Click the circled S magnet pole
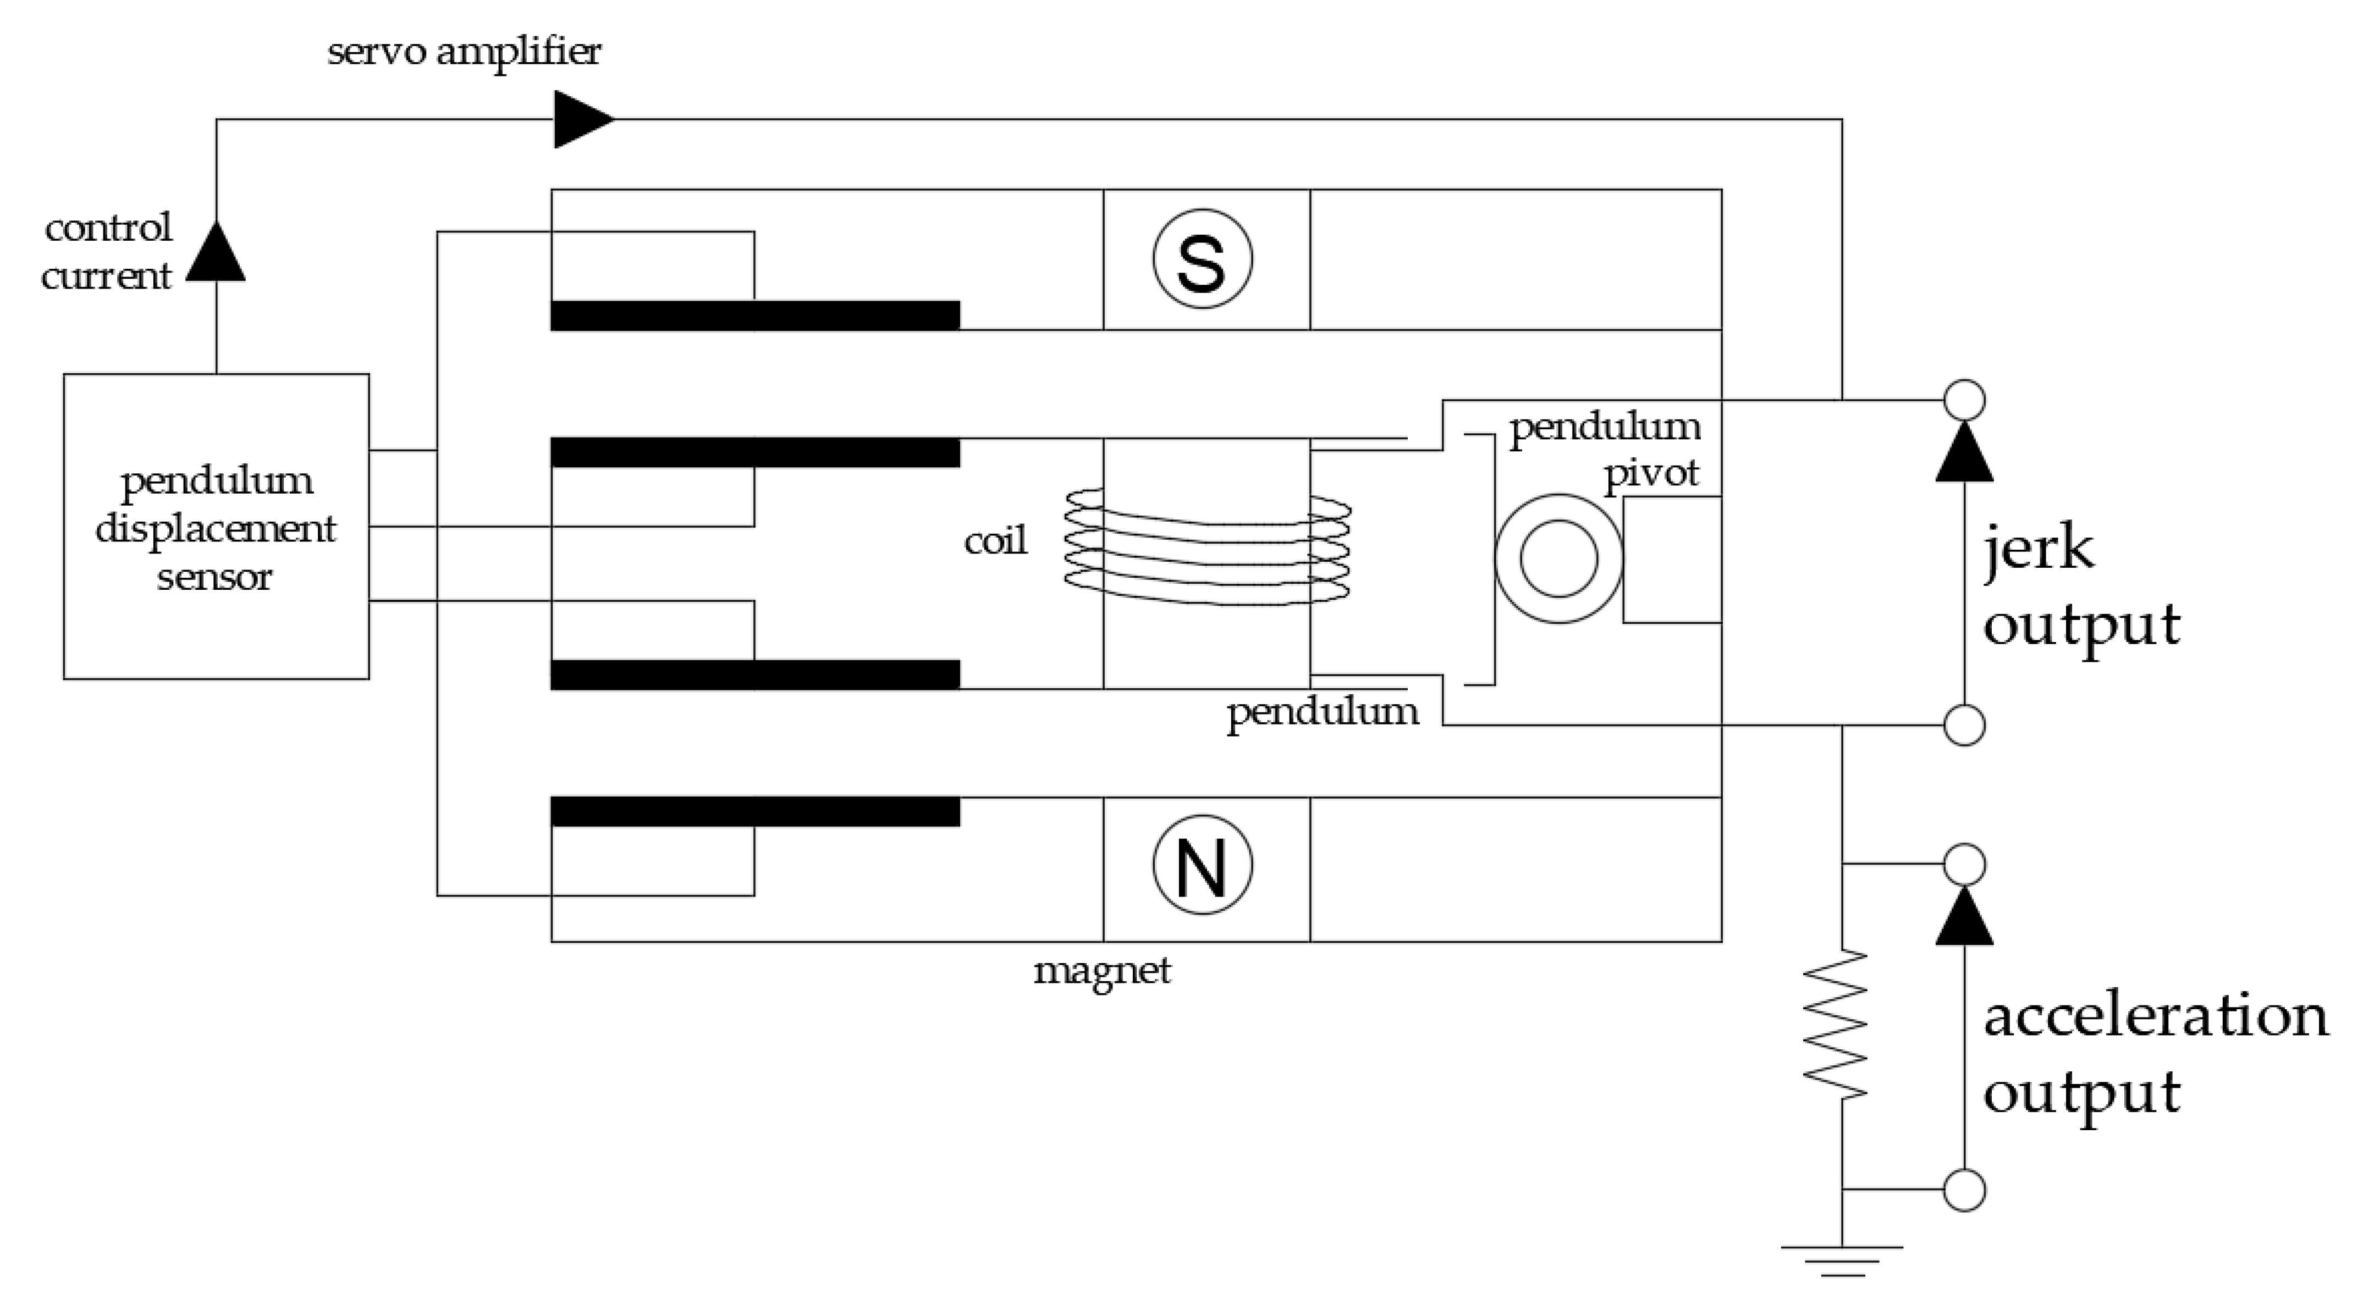click(1202, 260)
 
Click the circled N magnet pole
click(1202, 865)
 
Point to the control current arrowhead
click(216, 252)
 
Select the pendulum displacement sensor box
click(216, 526)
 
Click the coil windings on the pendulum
click(1206, 547)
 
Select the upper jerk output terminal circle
click(1964, 400)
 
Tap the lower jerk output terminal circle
click(1964, 726)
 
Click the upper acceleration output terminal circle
click(1964, 864)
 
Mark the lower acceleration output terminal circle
click(1964, 1190)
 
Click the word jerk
click(2037, 549)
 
